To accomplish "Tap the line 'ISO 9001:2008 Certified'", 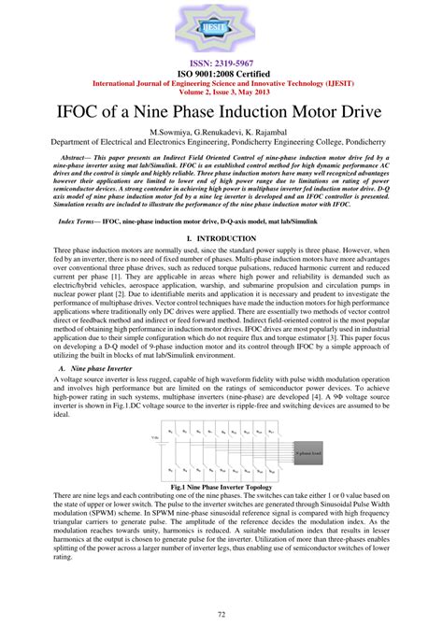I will pyautogui.click(x=221, y=71).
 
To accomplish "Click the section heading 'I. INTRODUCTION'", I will pyautogui.click(x=221, y=239).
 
